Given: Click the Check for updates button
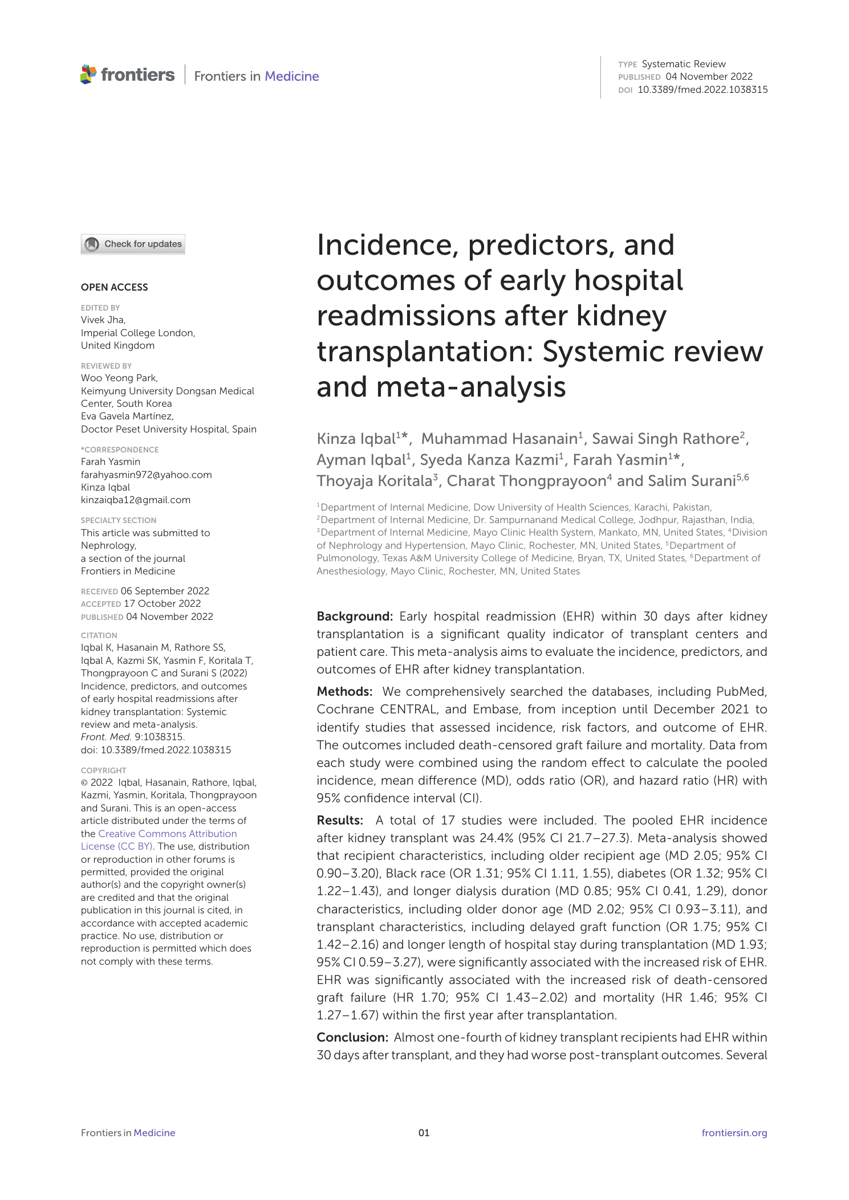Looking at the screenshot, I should (x=133, y=244).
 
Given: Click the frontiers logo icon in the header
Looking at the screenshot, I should (x=88, y=75).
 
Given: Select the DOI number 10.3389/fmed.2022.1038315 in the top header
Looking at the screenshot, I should (x=702, y=89).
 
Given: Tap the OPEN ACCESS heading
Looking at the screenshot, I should (x=114, y=287).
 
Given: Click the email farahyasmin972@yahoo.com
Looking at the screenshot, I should (x=146, y=475).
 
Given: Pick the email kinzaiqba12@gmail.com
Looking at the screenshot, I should (x=136, y=500).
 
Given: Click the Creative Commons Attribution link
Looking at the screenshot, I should (x=167, y=834).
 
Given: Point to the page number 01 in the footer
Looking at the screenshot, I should (x=424, y=1133).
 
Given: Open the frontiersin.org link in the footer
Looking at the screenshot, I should (x=734, y=1133).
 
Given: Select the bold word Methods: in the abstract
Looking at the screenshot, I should (x=344, y=692).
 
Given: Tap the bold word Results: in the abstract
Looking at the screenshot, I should (x=340, y=821).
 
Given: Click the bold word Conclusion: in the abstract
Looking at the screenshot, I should (x=352, y=1038).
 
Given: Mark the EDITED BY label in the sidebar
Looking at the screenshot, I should (x=100, y=308).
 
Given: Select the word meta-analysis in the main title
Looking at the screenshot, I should (x=470, y=387).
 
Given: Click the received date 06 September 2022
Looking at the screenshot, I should (x=165, y=591).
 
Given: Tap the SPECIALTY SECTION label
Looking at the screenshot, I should (x=118, y=520).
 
